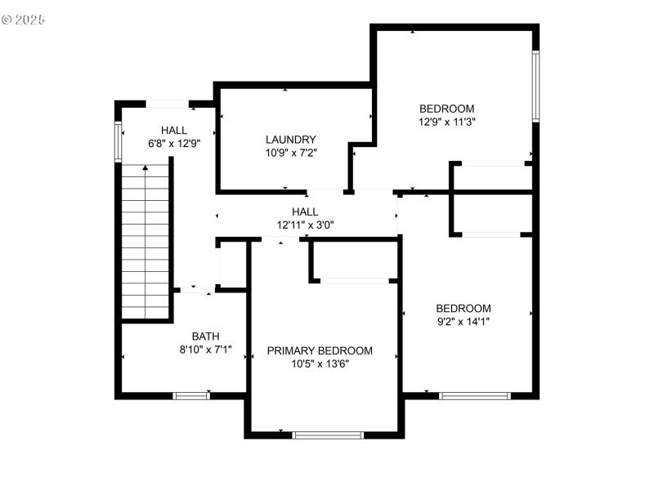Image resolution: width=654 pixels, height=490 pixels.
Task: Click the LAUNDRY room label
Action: point(290,140)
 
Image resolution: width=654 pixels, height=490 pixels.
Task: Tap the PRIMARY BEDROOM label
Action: point(320,350)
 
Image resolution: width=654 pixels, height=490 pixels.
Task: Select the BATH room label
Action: point(205,336)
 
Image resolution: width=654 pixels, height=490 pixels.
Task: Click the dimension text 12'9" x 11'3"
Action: point(446,122)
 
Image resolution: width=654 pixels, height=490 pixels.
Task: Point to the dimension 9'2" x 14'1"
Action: point(463,321)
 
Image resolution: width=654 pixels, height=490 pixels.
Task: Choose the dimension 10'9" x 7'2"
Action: point(290,153)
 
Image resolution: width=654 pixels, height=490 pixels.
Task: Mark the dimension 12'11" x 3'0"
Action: point(305,225)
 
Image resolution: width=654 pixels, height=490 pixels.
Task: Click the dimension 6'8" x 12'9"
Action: point(174,143)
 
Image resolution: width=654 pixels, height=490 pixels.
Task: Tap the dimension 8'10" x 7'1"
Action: point(205,349)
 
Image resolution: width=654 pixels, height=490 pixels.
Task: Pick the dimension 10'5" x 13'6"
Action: point(320,363)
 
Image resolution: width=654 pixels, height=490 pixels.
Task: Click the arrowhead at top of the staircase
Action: point(146,167)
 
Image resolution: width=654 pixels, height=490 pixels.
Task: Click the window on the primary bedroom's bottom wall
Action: point(328,434)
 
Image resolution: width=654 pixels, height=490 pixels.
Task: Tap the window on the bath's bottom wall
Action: point(191,396)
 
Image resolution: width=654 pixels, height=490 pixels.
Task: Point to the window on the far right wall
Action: point(535,87)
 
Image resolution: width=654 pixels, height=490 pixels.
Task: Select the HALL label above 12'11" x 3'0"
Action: point(305,212)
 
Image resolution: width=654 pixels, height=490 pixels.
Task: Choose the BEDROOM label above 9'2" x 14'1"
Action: point(463,308)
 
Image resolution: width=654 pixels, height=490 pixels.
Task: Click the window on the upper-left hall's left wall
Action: point(119,141)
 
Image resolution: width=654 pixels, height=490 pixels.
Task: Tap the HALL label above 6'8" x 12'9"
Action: point(174,130)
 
